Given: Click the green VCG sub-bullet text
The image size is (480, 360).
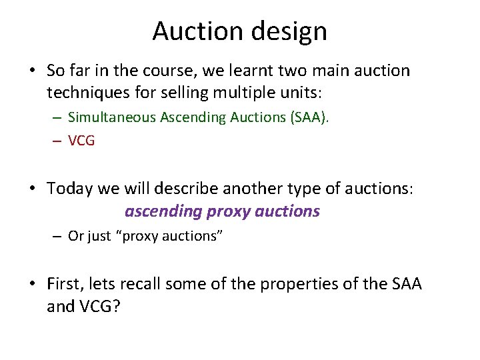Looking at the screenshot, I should [81, 141].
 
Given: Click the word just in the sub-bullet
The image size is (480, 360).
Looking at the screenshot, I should [99, 236].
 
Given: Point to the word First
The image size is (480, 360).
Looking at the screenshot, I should [65, 283].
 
